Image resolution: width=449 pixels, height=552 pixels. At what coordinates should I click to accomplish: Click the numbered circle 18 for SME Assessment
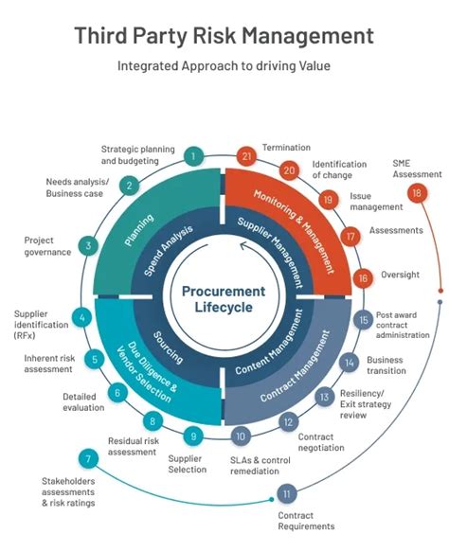pos(417,192)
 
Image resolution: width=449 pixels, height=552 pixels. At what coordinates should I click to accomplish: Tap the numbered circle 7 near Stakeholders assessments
pos(87,460)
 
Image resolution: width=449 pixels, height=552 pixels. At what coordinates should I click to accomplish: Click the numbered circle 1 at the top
pos(194,156)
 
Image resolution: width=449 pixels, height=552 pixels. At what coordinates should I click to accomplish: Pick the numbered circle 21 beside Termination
pos(247,156)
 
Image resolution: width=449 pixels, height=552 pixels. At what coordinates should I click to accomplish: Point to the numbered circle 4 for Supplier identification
pos(83,318)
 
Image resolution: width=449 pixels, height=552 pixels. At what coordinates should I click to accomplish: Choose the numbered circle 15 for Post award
pos(363,320)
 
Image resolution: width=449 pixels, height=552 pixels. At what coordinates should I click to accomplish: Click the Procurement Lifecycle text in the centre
pos(224,299)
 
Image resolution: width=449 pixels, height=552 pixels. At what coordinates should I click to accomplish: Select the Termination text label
pos(285,149)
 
